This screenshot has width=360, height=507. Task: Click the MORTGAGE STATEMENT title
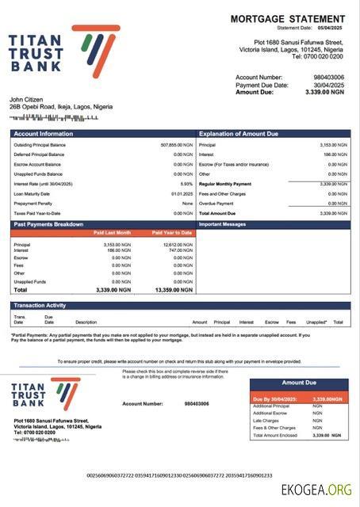(287, 18)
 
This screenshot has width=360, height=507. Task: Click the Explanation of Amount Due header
(239, 134)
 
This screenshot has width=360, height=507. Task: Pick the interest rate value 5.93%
(186, 184)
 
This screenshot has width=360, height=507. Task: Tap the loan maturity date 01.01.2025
(182, 193)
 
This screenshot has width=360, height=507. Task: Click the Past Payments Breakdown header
(48, 224)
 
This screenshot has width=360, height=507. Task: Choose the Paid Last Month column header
(113, 233)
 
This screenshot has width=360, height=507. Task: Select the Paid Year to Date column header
(172, 233)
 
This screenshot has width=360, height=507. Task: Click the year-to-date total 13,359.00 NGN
(174, 290)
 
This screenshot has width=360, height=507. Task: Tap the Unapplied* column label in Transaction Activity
(316, 322)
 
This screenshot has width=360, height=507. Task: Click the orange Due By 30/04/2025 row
(299, 398)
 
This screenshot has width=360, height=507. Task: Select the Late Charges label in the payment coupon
(265, 421)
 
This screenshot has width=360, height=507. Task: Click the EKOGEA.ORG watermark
(316, 491)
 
